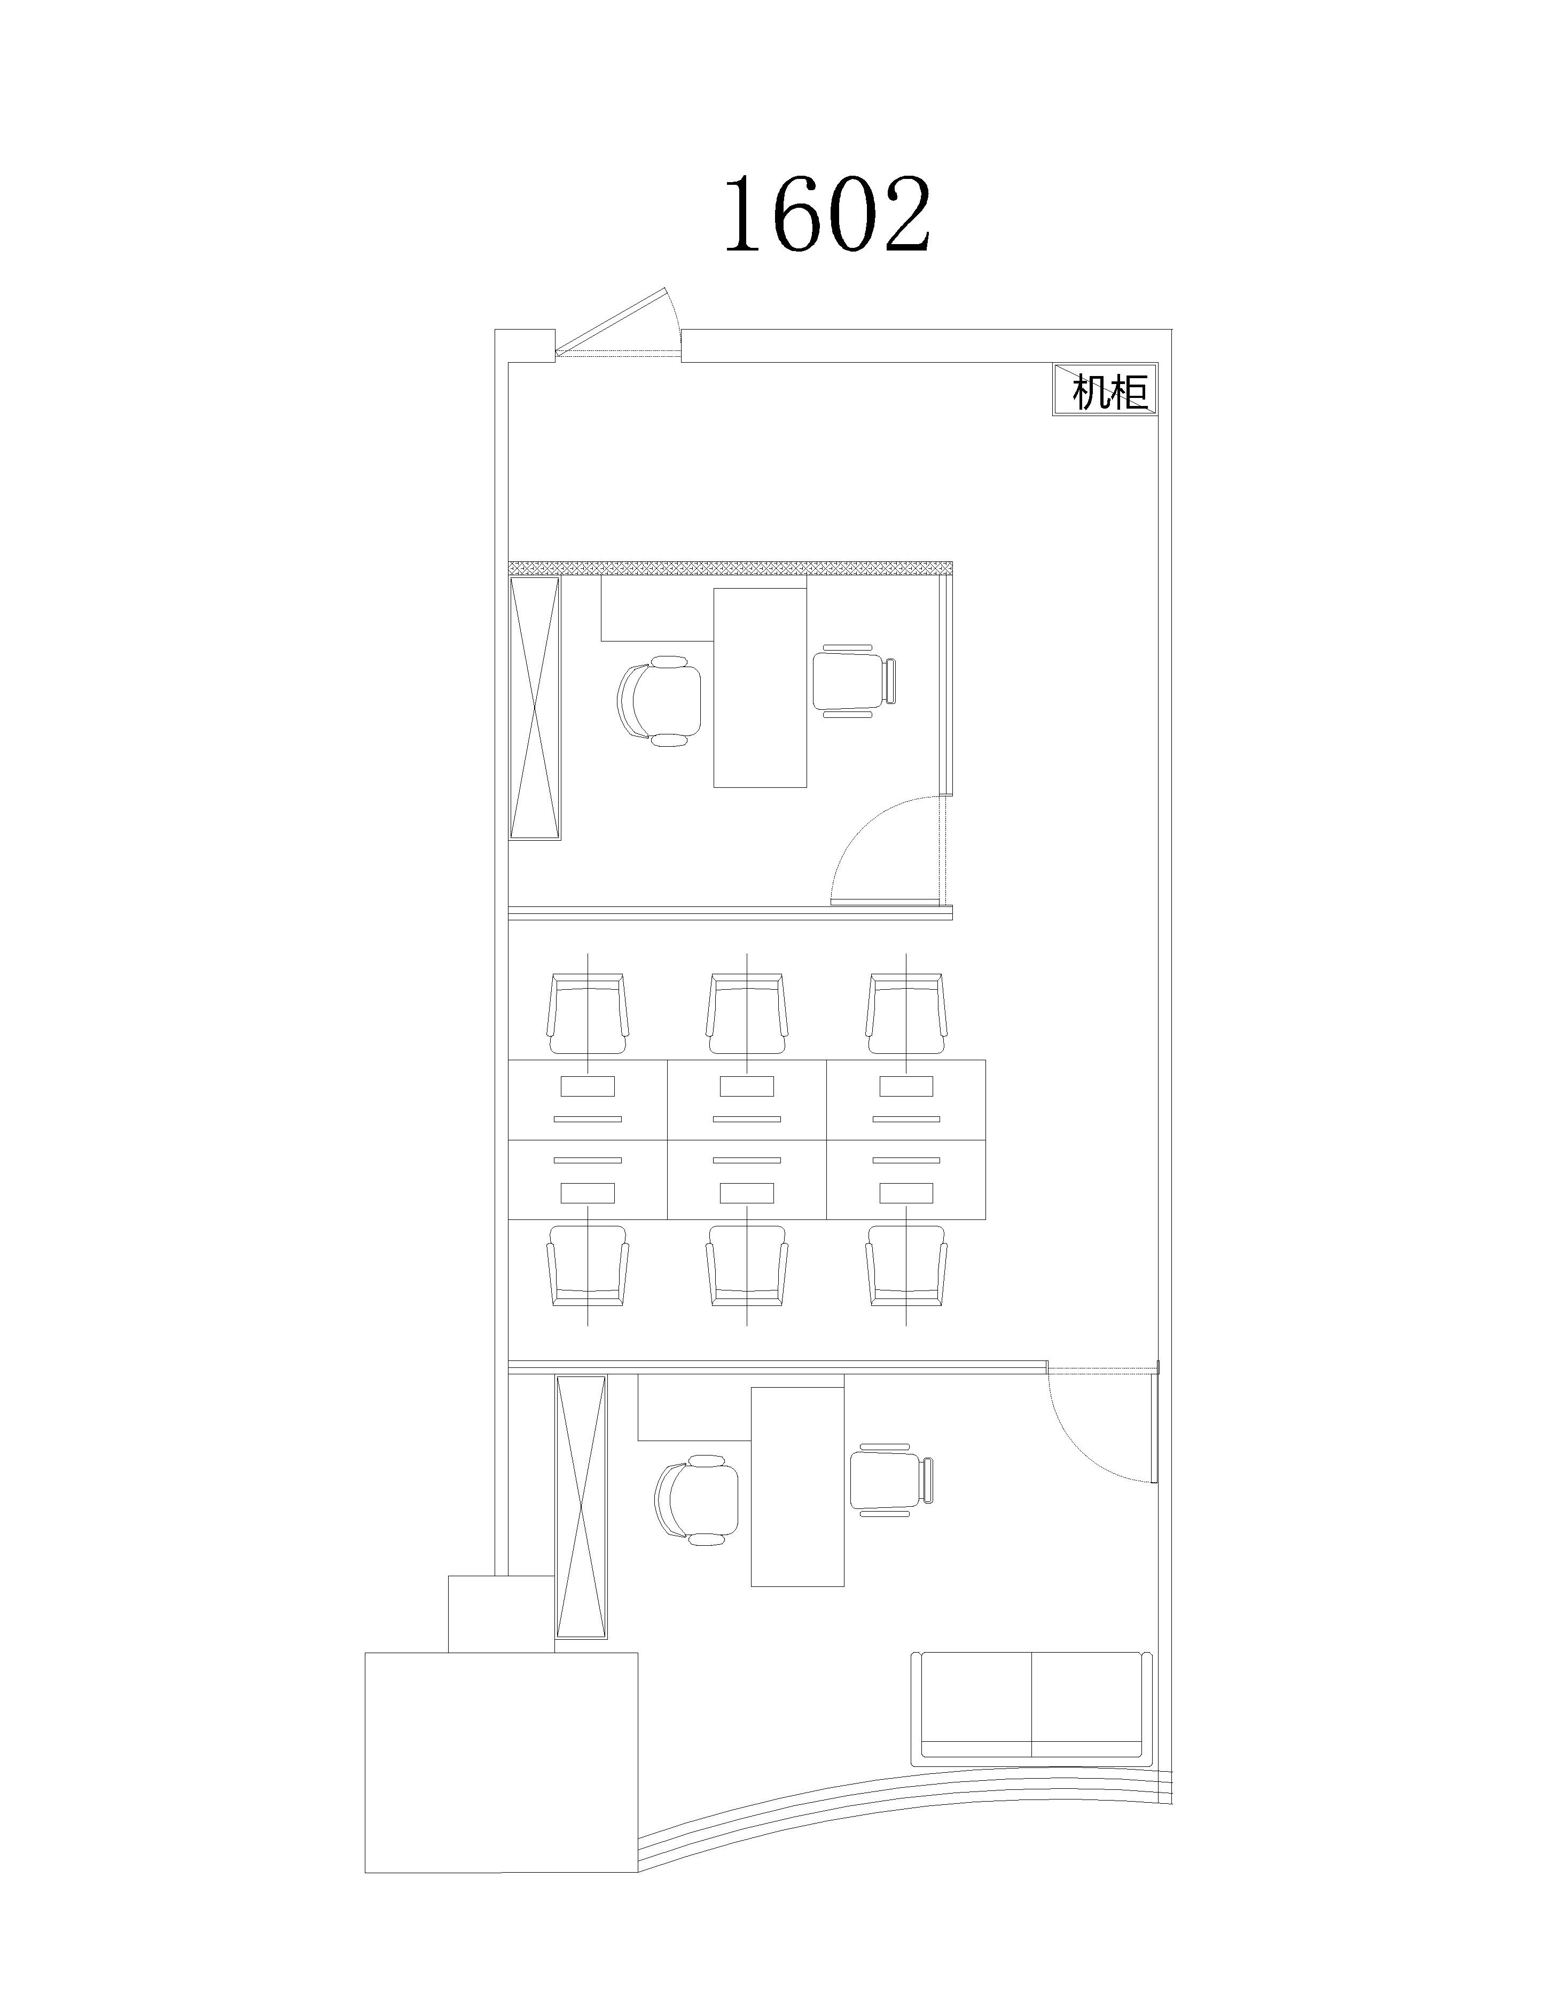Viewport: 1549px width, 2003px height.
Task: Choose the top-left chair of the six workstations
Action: point(588,1013)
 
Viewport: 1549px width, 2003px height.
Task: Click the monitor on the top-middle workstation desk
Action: point(747,1086)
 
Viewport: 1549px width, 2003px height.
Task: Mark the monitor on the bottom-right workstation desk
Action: point(906,1192)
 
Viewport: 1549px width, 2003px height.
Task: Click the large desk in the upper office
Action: point(760,688)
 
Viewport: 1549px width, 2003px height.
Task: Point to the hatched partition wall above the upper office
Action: point(730,569)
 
